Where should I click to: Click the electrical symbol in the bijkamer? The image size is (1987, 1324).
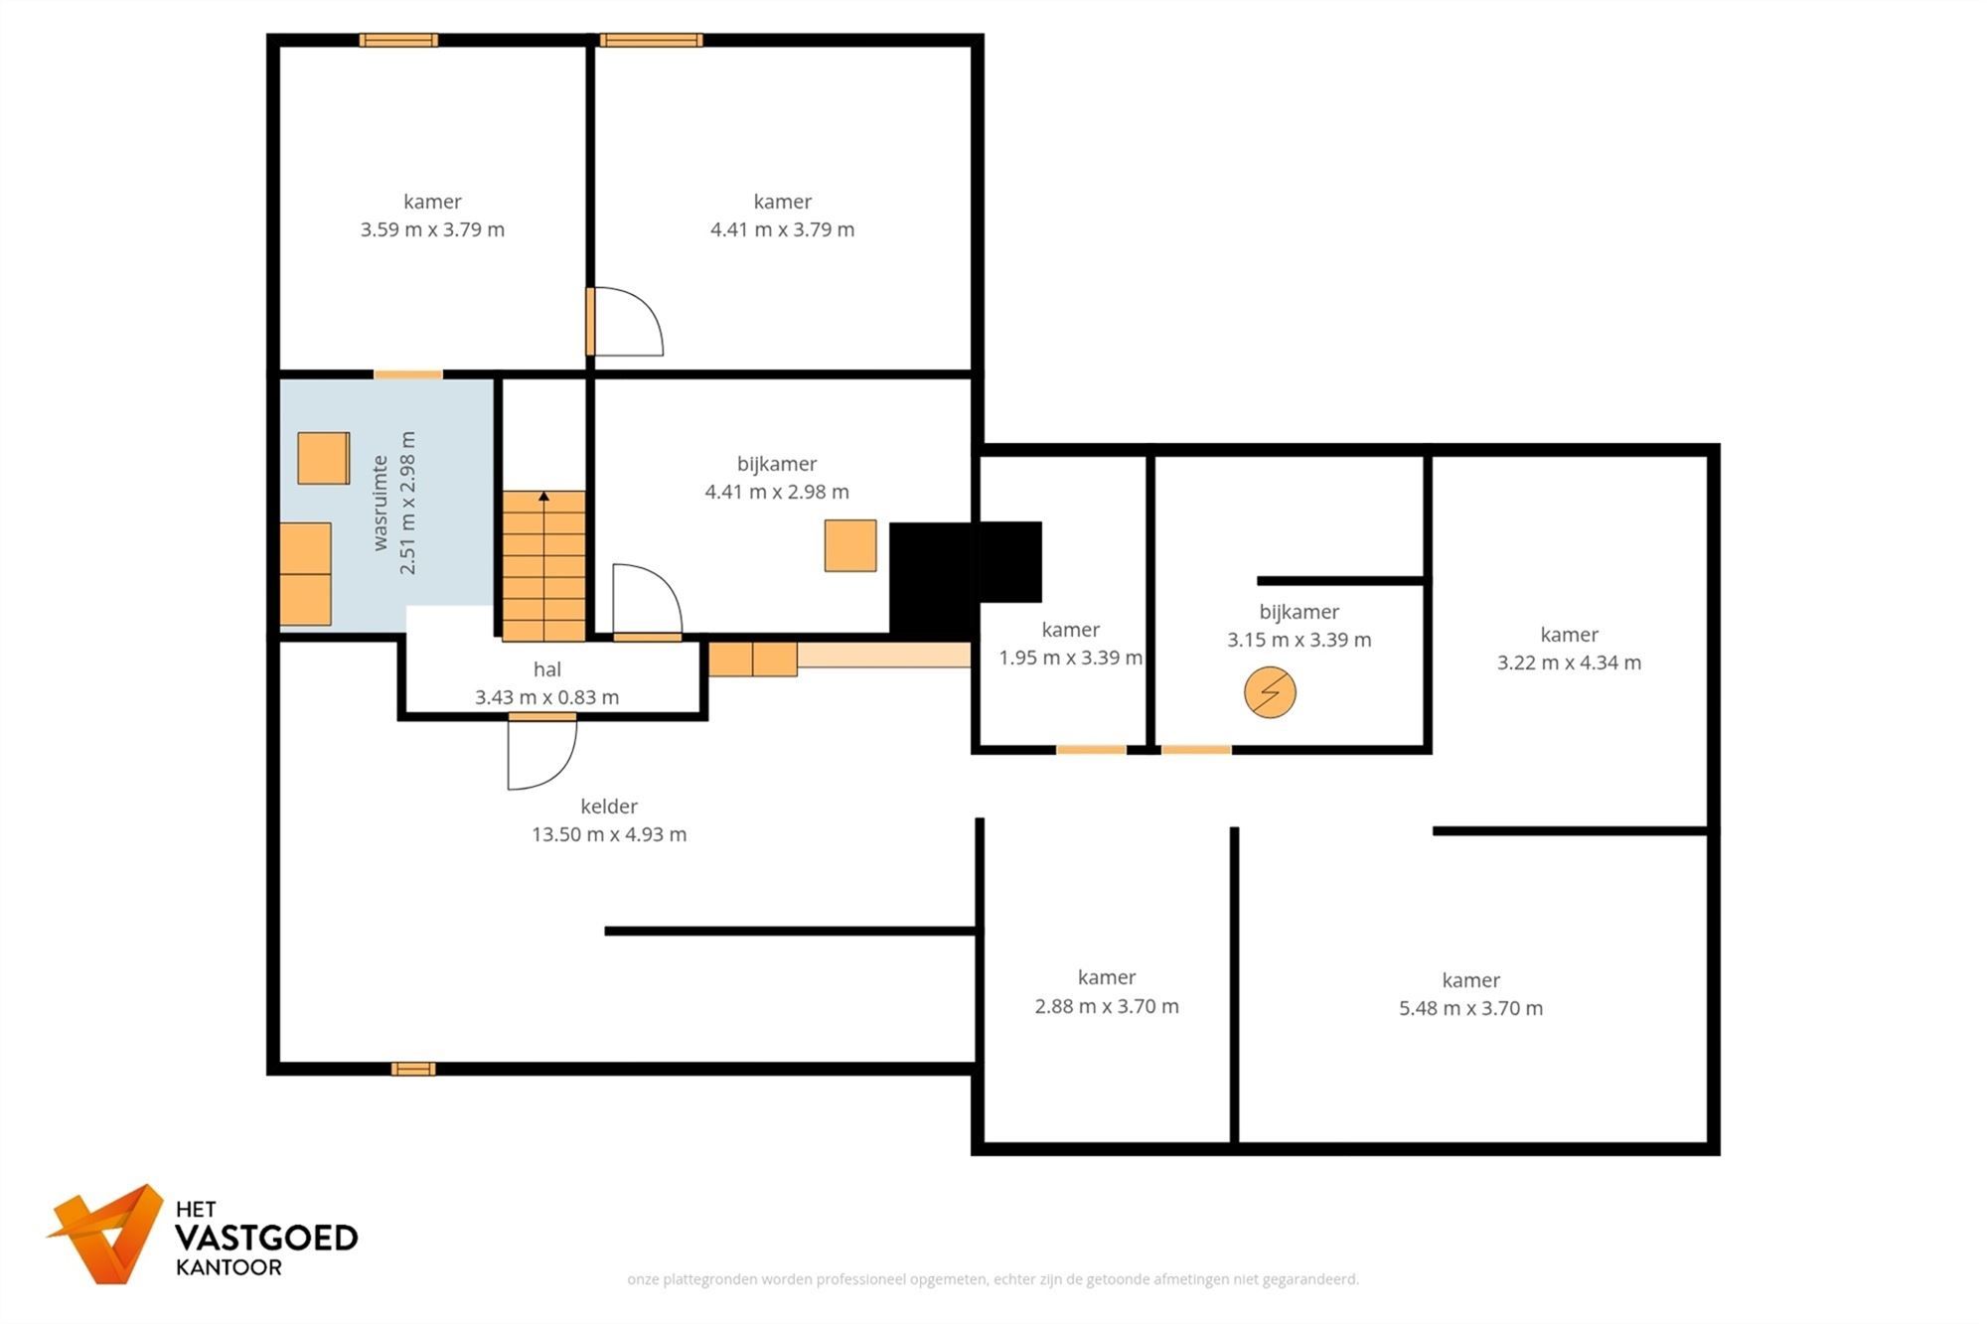coord(1270,692)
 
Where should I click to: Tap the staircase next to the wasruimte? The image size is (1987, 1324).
coord(543,566)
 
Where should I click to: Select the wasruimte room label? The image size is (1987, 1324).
coord(380,503)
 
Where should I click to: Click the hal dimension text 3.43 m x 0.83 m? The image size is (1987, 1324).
coord(546,697)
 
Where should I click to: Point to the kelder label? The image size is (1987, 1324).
coord(608,807)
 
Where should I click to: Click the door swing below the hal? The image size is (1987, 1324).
coord(540,752)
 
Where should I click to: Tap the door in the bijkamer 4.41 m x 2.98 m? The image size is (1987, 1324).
coord(646,602)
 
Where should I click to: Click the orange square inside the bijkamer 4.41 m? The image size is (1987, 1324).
coord(850,545)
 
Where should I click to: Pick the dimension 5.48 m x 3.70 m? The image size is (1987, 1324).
coord(1470,1008)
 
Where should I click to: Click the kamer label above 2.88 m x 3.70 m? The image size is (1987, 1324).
coord(1106,977)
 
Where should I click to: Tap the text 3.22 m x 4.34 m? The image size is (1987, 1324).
coord(1569,662)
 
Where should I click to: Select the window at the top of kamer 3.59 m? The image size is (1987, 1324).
coord(397,41)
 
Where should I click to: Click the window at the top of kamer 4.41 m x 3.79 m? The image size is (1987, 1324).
coord(651,41)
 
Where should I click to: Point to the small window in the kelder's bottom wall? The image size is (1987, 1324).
coord(412,1069)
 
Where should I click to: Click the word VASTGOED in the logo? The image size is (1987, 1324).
coord(265,1238)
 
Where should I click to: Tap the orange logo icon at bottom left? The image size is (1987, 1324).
coord(109,1233)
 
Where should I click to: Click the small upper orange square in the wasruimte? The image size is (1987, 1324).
coord(324,458)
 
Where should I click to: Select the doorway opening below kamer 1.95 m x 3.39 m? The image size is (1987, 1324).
coord(1091,750)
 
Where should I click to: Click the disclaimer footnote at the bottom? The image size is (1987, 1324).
coord(993,1279)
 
